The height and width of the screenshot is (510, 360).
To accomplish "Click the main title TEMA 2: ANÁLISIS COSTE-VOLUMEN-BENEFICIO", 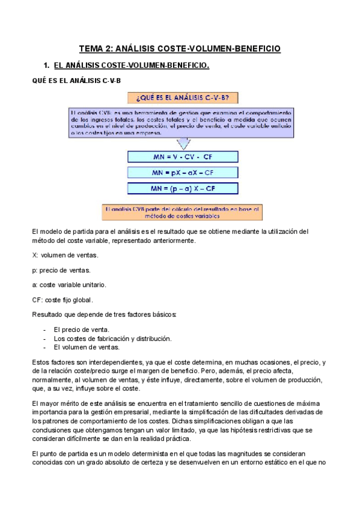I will (x=180, y=49).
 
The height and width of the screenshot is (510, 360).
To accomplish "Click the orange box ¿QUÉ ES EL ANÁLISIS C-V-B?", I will (x=182, y=98).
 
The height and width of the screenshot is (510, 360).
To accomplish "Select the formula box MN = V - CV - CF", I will (x=182, y=157).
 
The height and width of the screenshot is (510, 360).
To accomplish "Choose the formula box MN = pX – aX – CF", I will (x=182, y=173).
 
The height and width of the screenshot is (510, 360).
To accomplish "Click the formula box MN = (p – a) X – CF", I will (x=182, y=188).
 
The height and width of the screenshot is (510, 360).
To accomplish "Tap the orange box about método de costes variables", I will (x=182, y=211).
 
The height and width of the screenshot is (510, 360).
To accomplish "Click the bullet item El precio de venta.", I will (x=81, y=330).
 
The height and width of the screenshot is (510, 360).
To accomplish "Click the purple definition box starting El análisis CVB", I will (x=182, y=123).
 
